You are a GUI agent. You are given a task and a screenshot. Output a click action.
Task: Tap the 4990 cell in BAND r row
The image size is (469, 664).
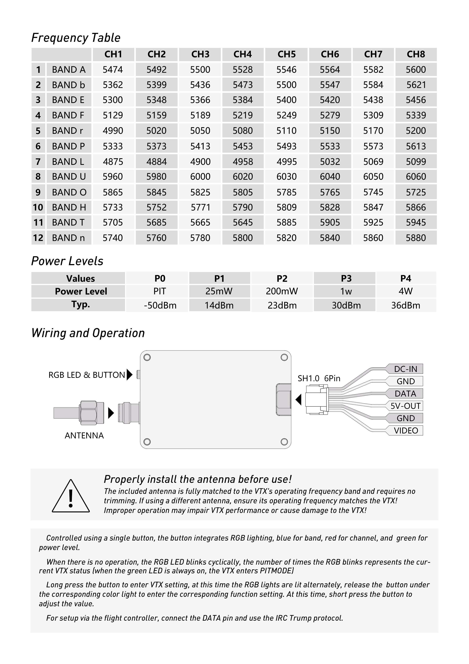pos(113,131)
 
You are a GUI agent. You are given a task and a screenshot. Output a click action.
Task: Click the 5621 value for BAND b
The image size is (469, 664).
pos(416,85)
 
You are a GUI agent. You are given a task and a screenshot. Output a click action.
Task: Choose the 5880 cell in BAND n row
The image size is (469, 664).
pos(416,238)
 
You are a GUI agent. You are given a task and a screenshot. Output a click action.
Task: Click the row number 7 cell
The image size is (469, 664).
pos(38,161)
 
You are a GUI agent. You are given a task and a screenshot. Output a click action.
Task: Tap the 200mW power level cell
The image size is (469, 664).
pos(282,291)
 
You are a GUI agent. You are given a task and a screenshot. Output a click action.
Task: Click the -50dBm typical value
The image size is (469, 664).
pos(160,305)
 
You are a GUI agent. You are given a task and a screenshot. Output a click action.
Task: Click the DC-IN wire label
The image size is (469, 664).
pos(405,369)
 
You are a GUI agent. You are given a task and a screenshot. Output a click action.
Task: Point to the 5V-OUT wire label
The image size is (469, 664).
pos(405,406)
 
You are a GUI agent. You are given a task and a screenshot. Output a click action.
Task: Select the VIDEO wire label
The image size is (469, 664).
pos(405,431)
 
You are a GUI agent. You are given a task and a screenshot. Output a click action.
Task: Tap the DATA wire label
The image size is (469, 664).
pos(405,394)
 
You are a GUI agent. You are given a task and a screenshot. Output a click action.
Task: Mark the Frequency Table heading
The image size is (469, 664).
pos(76,38)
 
